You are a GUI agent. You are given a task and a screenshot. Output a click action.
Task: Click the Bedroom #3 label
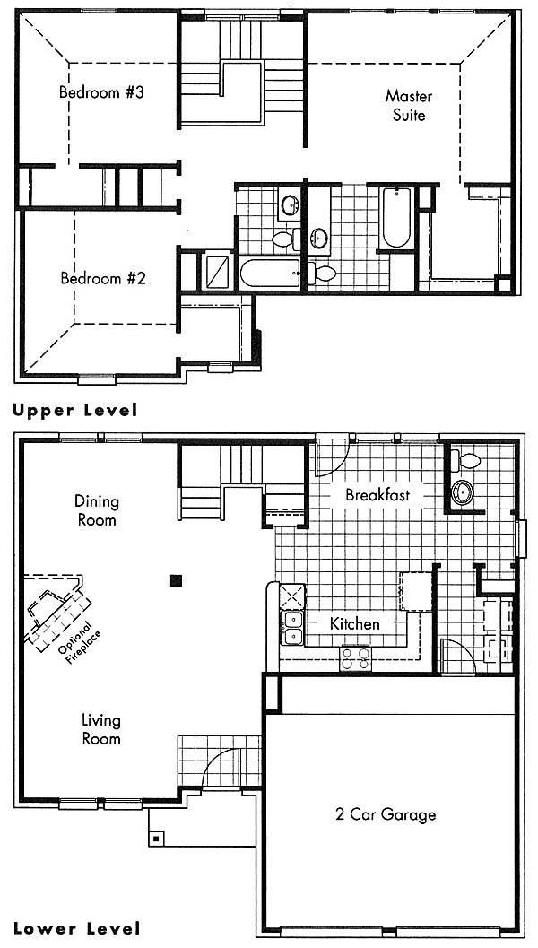pos(101,93)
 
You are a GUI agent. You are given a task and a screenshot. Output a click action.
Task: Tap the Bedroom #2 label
pos(103,279)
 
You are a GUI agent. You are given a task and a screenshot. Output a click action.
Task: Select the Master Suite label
pos(409,105)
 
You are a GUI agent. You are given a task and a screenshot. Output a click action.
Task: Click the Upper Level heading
pos(75,411)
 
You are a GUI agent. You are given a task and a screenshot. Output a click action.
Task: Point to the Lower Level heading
pos(77,928)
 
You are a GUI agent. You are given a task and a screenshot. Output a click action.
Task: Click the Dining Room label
pos(97,510)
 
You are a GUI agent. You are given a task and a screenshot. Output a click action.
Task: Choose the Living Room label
pos(101,729)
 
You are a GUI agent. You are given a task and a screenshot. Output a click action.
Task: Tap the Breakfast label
pos(377,494)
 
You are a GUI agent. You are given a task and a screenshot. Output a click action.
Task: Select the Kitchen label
pos(355,623)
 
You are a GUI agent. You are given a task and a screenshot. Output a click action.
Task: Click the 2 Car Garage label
pos(386,814)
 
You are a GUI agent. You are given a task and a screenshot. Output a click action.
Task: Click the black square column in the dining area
pos(176,580)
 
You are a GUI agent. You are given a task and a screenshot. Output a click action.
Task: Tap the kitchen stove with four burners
pos(355,657)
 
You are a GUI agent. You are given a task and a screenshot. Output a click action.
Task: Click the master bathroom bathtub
pos(396,218)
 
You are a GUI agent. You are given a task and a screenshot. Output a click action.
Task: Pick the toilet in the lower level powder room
pos(468,461)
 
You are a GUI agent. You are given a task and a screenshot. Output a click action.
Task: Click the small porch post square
pos(157,839)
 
